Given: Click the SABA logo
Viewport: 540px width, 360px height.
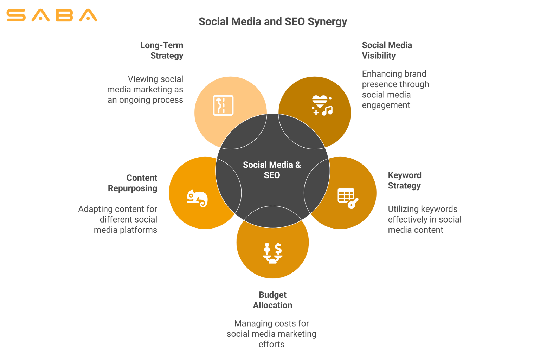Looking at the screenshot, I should (52, 15).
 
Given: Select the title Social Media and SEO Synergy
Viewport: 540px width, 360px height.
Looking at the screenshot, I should (272, 21).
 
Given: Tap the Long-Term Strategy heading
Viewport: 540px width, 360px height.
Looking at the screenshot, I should (162, 50).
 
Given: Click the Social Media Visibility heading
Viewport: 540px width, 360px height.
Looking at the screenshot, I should (387, 50).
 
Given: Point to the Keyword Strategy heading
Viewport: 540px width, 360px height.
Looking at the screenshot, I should (404, 180).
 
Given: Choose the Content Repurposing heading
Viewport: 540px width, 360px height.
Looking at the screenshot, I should (133, 183).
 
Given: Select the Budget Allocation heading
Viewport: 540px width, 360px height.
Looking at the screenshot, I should (272, 300).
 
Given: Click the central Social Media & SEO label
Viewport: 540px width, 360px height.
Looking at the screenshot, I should (272, 170).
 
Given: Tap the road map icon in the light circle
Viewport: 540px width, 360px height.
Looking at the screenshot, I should (223, 105).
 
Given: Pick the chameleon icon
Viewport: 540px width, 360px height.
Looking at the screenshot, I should (197, 198).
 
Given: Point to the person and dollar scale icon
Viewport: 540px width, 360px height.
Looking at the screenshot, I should (272, 253).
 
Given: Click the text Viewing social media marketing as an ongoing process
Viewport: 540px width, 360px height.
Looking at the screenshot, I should (145, 89).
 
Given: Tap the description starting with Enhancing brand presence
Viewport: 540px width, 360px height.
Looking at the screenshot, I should (395, 89).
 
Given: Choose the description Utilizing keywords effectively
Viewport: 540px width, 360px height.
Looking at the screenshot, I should (424, 219).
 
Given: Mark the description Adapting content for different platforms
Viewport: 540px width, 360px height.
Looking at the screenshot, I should (118, 219).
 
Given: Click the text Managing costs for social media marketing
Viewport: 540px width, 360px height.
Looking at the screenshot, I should (271, 334).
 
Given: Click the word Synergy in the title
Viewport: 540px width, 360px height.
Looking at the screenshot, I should (327, 22).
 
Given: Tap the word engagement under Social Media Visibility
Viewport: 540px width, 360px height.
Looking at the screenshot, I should (386, 105).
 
